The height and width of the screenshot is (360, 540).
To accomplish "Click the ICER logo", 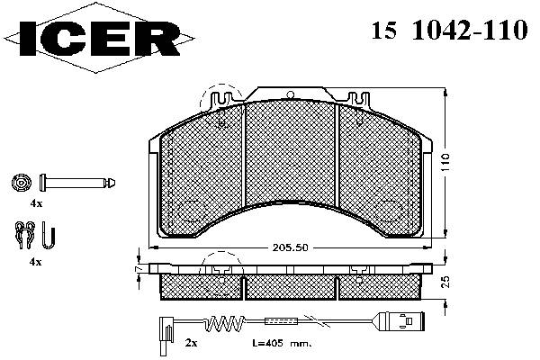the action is tap(99, 38).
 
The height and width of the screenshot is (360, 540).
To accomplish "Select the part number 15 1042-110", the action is tap(449, 30).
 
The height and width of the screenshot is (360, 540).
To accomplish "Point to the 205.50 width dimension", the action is tap(290, 247).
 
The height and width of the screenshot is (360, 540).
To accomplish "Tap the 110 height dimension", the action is tap(445, 163).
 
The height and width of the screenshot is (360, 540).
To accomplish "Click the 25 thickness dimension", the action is tap(445, 282).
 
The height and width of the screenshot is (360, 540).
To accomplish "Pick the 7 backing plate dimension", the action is tap(139, 268).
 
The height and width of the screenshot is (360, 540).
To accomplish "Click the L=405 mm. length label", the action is tap(282, 343).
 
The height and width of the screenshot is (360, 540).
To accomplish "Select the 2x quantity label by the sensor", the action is tap(191, 343).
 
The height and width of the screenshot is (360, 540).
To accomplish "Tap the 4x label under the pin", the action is tap(36, 203).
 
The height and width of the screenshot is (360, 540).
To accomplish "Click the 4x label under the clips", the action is tap(36, 262).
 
